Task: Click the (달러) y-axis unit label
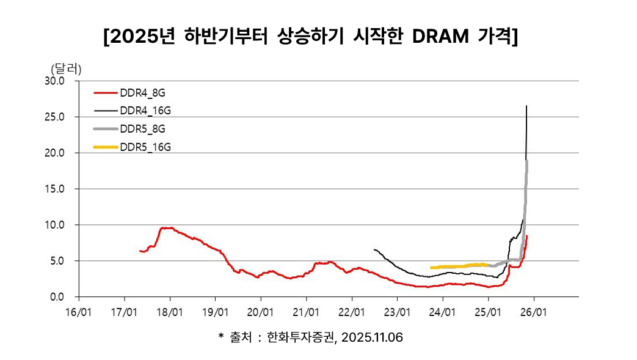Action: [65, 68]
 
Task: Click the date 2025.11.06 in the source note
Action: [373, 338]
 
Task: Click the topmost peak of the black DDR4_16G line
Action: [526, 106]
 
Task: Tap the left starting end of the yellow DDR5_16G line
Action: [431, 268]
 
